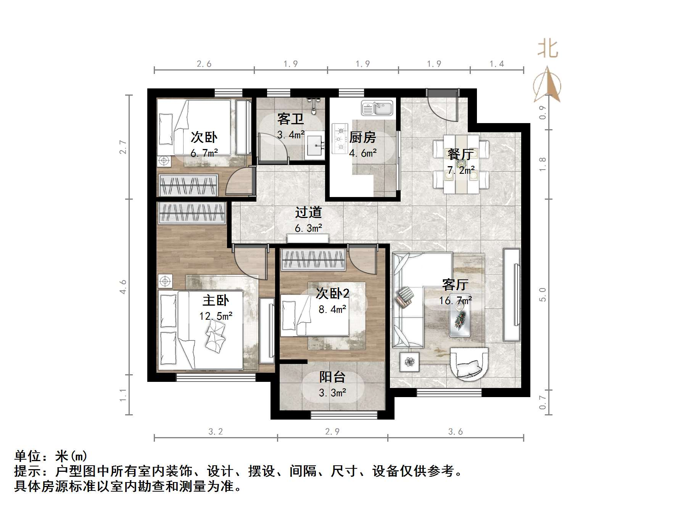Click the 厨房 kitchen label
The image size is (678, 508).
tap(362, 137)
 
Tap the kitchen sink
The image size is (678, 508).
tap(377, 108)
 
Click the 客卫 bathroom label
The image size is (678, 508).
tap(290, 119)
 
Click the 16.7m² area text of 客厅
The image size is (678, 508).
tap(455, 301)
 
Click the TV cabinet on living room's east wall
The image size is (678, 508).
tap(512, 295)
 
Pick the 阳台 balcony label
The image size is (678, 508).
tap(332, 377)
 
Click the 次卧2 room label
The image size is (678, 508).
tap(332, 293)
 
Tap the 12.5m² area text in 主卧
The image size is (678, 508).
tap(216, 316)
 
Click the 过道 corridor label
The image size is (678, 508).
tap(308, 212)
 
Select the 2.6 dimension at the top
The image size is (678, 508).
tap(204, 64)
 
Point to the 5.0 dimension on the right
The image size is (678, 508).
tap(543, 295)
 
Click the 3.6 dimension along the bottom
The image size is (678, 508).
tap(456, 432)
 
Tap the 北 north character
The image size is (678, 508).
tap(548, 50)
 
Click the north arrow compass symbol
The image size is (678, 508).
tap(548, 86)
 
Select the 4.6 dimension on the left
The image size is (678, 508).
tap(123, 287)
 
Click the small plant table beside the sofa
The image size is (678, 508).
tap(410, 362)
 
